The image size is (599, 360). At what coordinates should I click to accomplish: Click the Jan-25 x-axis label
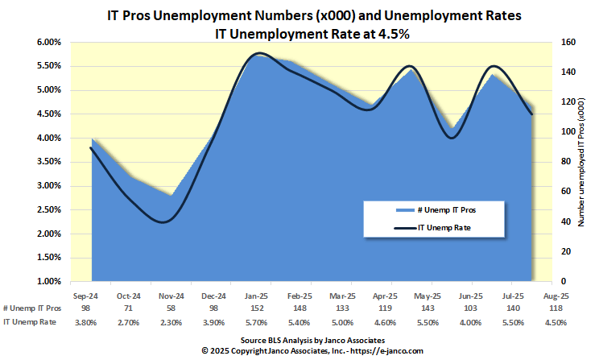pyautogui.click(x=257, y=296)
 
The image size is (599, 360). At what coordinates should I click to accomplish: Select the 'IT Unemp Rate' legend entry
pyautogui.click(x=444, y=229)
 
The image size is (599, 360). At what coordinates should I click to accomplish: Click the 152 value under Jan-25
pyautogui.click(x=257, y=309)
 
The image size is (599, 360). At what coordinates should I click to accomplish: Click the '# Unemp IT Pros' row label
pyautogui.click(x=31, y=309)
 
